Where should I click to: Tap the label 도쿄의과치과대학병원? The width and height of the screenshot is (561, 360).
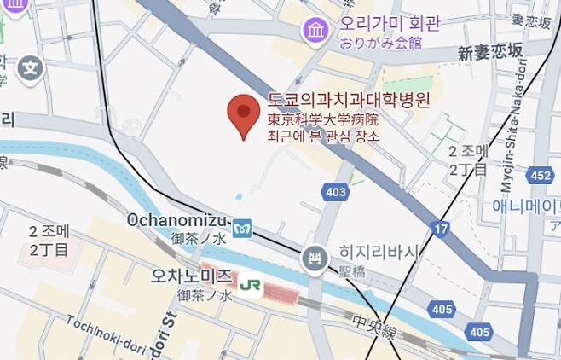pyautogui.click(x=348, y=101)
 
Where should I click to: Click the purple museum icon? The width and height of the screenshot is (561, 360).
pyautogui.click(x=316, y=32)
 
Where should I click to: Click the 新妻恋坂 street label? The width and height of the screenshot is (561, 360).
pyautogui.click(x=489, y=52)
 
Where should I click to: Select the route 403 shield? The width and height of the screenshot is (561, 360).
pyautogui.click(x=336, y=192)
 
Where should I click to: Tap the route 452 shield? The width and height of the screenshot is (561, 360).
pyautogui.click(x=539, y=175)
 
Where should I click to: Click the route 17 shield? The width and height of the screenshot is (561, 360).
pyautogui.click(x=439, y=229)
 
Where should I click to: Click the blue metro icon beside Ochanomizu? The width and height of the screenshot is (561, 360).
pyautogui.click(x=243, y=228)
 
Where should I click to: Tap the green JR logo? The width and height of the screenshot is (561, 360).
pyautogui.click(x=251, y=282)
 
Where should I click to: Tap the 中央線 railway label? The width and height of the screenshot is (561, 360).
pyautogui.click(x=373, y=322)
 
